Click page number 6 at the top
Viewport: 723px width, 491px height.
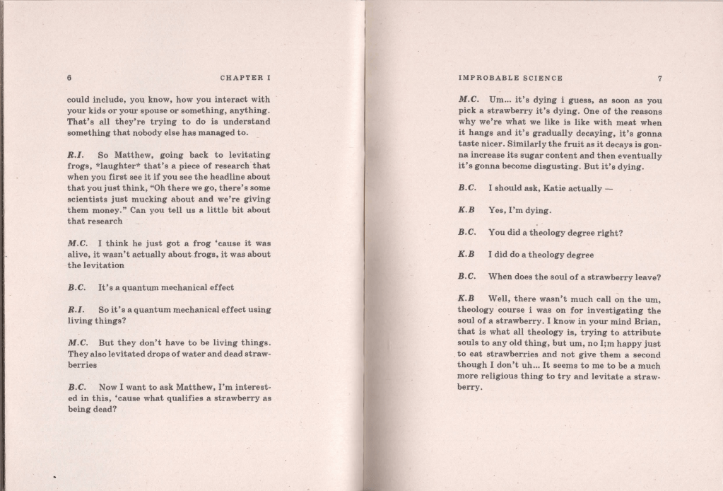69,78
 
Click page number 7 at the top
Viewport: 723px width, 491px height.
659,79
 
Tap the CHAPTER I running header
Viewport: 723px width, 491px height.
245,78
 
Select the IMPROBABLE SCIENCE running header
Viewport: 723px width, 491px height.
510,79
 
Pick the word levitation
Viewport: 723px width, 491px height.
103,265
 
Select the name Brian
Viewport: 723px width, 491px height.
646,321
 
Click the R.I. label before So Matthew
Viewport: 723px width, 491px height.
76,155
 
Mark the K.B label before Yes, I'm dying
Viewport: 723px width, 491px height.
466,210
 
